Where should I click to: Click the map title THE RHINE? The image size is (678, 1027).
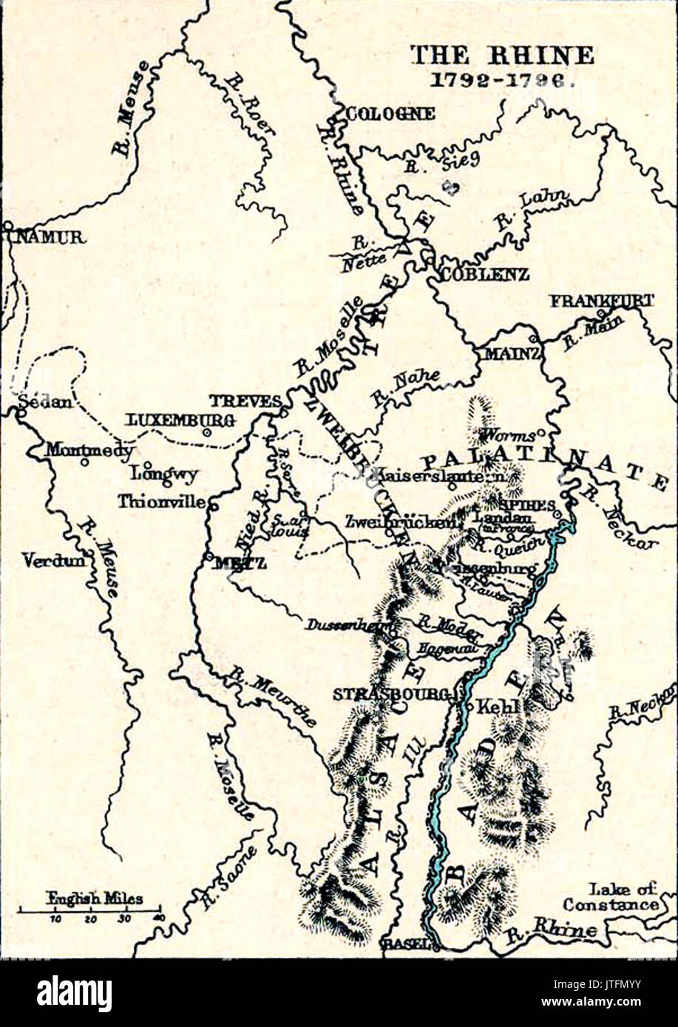pos(501,55)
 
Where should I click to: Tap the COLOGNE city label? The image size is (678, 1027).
pos(390,114)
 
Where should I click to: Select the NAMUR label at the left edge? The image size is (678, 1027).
pos(46,237)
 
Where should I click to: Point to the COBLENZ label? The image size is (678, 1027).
pos(485,274)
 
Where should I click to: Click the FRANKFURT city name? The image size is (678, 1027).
pos(601,301)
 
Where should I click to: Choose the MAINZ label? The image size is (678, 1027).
pos(512,354)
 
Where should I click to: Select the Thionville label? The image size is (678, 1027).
pos(162,501)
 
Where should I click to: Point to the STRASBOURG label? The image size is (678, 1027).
pos(391,695)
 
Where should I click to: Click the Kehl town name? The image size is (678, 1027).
pos(501,706)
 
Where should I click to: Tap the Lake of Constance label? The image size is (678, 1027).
pos(611,897)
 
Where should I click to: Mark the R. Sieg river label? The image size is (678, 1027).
pos(441,162)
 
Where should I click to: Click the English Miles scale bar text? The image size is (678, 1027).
pos(95,898)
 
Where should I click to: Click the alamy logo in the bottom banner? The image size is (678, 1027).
pos(74,994)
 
